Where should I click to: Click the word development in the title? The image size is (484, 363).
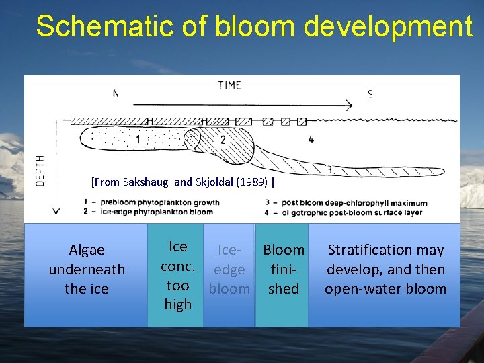(x=388, y=27)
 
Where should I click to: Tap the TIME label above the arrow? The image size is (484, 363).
(x=229, y=85)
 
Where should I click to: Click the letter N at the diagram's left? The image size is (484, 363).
(x=116, y=93)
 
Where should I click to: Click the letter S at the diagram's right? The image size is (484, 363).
(x=370, y=94)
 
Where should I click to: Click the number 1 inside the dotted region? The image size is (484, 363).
(x=138, y=140)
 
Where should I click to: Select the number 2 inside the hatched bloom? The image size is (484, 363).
(x=223, y=140)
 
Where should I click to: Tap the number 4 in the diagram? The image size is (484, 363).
(x=310, y=140)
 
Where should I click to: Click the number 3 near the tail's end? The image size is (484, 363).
(x=329, y=169)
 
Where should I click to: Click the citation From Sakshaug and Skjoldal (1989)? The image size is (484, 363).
(x=182, y=182)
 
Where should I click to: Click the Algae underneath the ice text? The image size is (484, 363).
(x=87, y=269)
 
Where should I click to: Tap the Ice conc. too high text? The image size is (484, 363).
(x=177, y=276)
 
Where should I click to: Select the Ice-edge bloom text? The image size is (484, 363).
(x=229, y=270)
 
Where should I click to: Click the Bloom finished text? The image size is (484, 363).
(x=284, y=269)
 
